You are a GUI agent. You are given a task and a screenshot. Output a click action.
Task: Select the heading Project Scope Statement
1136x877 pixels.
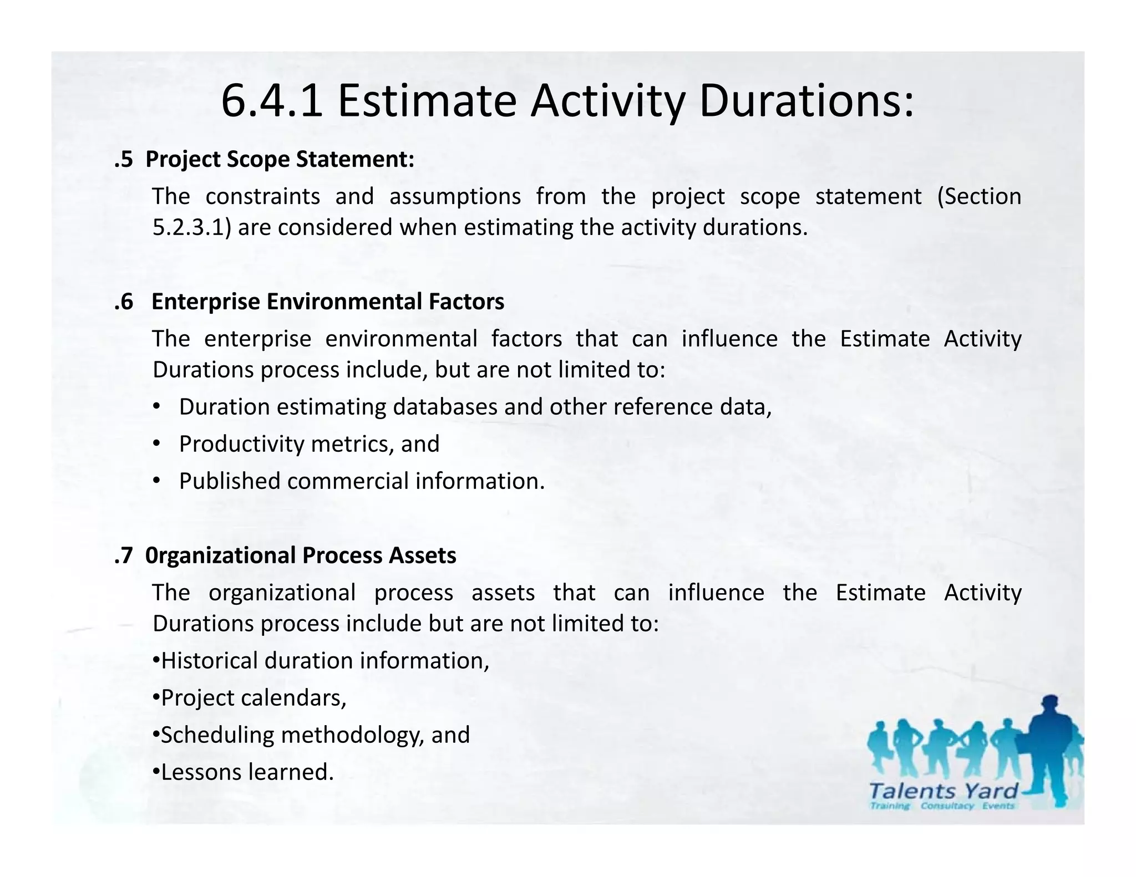[x=280, y=159]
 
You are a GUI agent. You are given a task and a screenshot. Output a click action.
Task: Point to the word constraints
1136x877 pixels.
[x=262, y=196]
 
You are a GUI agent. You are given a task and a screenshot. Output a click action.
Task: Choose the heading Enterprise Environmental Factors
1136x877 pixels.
[x=327, y=302]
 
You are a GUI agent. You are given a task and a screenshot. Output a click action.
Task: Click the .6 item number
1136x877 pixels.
[x=124, y=302]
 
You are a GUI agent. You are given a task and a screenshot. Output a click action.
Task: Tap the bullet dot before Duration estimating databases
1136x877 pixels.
[x=156, y=407]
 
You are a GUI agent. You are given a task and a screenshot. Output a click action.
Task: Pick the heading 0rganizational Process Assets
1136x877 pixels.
[x=301, y=555]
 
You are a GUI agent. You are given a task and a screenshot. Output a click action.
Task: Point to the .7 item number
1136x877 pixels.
[x=124, y=555]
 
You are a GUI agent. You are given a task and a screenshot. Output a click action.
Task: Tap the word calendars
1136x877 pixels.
[x=293, y=697]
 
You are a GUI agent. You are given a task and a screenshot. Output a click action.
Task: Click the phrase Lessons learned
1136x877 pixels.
[x=247, y=772]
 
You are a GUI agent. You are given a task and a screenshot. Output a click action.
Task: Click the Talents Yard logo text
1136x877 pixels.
[x=944, y=791]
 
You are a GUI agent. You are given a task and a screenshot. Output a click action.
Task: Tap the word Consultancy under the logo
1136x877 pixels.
[x=947, y=806]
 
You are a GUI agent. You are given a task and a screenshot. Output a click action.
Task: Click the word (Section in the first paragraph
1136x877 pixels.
[x=979, y=196]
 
